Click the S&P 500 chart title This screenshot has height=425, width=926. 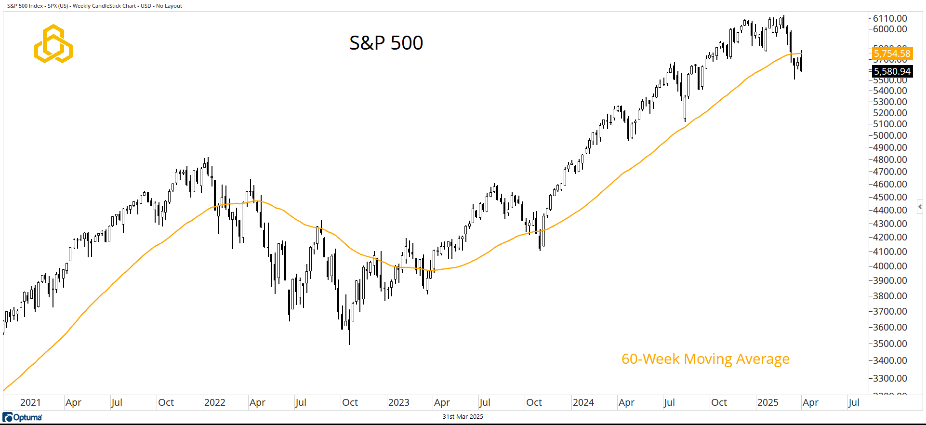tap(386, 43)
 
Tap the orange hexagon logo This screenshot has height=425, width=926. tap(53, 44)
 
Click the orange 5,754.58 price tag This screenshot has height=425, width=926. tap(892, 53)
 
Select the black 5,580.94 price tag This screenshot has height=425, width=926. tap(892, 71)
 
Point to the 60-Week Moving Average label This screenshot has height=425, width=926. tap(705, 359)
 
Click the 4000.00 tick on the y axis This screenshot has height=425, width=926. tap(890, 266)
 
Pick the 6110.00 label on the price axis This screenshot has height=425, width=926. tap(890, 18)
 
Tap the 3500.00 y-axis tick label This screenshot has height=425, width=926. tap(890, 344)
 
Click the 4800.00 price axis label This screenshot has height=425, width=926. tap(890, 159)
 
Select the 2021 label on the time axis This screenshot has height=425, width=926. tap(30, 402)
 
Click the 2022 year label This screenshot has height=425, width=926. tap(214, 402)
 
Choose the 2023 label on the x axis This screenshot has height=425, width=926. tap(398, 402)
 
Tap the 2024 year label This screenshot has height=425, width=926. tap(583, 402)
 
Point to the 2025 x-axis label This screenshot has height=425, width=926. tap(767, 402)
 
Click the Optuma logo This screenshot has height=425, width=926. tap(23, 417)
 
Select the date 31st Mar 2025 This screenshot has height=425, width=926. tap(463, 417)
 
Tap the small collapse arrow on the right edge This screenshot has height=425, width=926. tap(920, 207)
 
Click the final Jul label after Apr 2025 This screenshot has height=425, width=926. tap(853, 402)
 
